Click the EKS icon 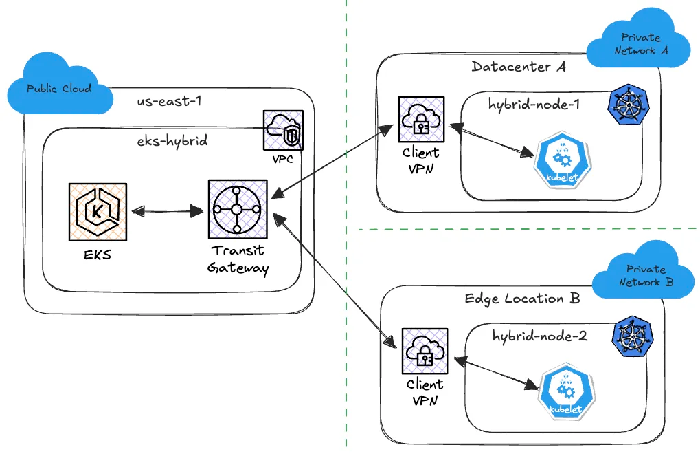pyautogui.click(x=98, y=212)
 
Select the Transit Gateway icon pyautogui.click(x=237, y=210)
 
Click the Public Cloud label pyautogui.click(x=58, y=89)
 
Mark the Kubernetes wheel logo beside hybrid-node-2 pyautogui.click(x=633, y=336)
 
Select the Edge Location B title pyautogui.click(x=522, y=299)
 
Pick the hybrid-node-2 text pyautogui.click(x=539, y=336)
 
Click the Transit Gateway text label pyautogui.click(x=238, y=259)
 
